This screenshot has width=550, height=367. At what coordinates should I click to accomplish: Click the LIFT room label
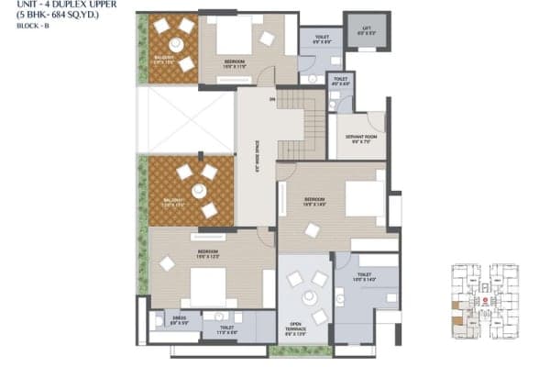tap(366, 30)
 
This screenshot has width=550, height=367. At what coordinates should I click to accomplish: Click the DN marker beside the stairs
tap(271, 98)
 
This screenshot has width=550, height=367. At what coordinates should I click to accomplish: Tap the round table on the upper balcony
tap(175, 45)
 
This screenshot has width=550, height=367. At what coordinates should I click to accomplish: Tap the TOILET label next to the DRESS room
tap(227, 327)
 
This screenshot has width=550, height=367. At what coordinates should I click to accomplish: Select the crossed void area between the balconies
tap(186, 120)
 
